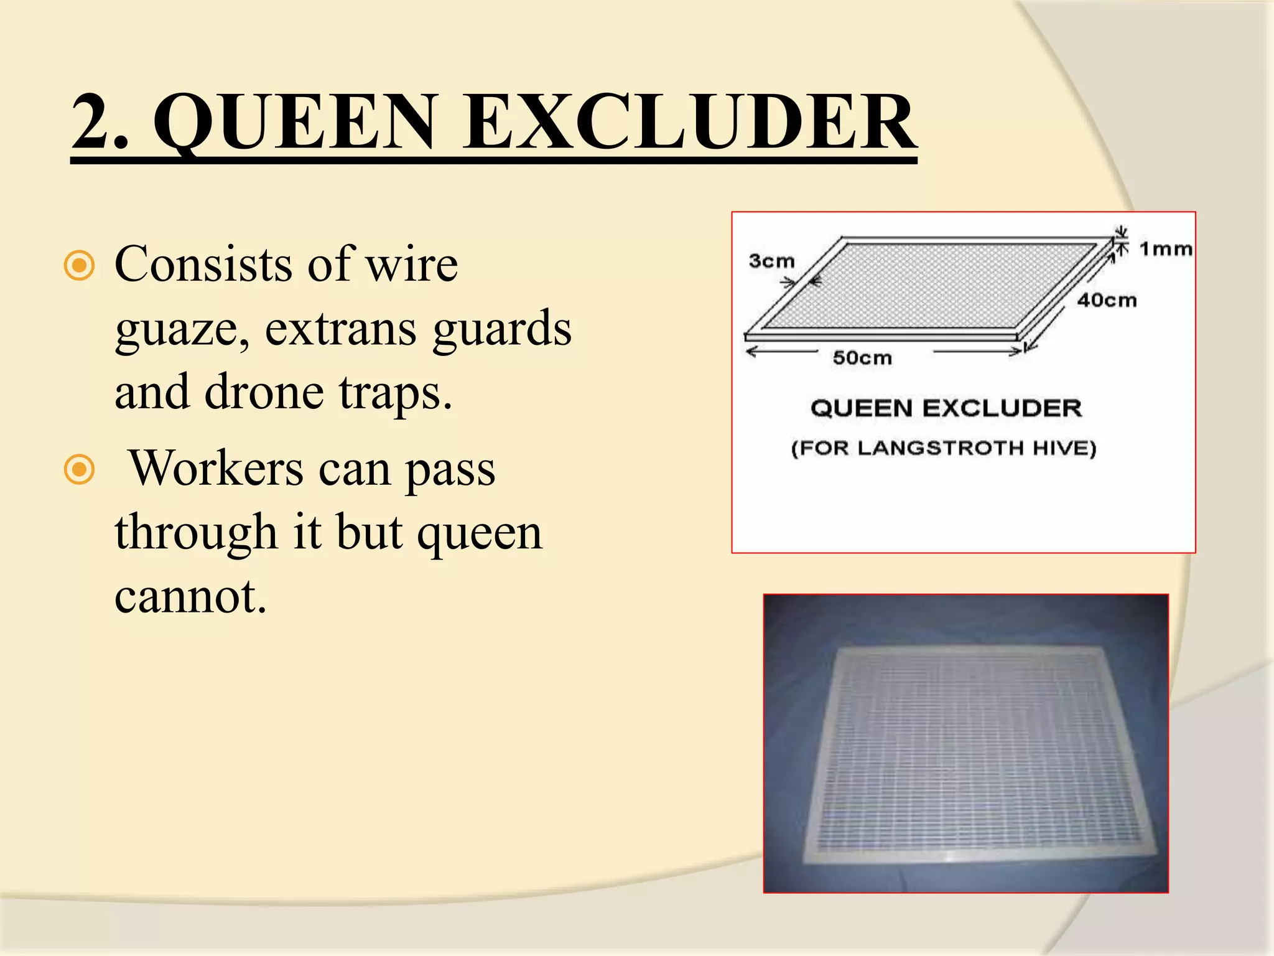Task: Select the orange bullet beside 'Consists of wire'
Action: [x=80, y=266]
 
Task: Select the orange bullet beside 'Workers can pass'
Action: [x=80, y=470]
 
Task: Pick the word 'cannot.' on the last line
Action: [x=190, y=597]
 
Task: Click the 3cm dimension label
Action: [x=772, y=261]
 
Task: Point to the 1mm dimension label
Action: [x=1165, y=249]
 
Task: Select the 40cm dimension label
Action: [x=1107, y=300]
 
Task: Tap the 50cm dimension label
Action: [x=862, y=358]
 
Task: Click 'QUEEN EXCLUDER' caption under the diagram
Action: [x=946, y=408]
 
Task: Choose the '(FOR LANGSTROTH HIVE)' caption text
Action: [x=943, y=448]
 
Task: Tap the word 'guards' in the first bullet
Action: [x=501, y=330]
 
